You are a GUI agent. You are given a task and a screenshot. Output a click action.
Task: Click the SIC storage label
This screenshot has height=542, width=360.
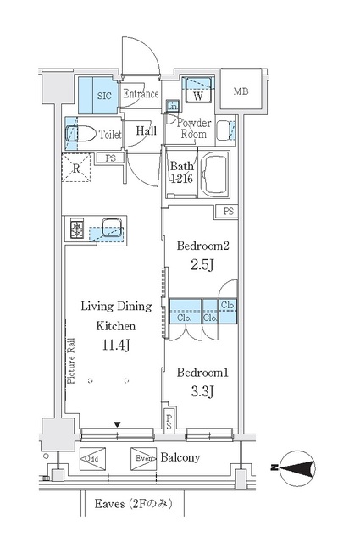104,96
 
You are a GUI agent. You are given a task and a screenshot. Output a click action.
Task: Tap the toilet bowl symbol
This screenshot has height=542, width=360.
81,134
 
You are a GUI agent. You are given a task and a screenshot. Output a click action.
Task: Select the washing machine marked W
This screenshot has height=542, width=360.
198,91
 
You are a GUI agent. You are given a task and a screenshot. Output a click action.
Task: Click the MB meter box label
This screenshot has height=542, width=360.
241,91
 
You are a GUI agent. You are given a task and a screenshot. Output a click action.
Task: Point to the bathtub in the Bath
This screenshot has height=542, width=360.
215,175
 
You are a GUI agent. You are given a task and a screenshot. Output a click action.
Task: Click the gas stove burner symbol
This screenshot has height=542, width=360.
77,229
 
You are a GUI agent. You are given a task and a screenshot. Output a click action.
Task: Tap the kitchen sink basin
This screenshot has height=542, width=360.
111,227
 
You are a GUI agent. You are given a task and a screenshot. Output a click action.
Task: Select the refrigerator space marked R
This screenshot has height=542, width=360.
76,169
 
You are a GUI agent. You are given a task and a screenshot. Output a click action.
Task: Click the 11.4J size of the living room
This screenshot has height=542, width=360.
116,345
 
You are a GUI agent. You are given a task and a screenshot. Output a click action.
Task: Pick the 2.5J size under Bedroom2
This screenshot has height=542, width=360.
202,265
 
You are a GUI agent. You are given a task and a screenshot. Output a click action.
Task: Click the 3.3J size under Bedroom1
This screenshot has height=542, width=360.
202,391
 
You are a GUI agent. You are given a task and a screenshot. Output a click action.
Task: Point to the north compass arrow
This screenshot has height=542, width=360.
297,468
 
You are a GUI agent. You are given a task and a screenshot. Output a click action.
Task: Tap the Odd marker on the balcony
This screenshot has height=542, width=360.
92,459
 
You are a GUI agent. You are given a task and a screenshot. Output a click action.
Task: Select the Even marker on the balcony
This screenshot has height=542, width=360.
143,459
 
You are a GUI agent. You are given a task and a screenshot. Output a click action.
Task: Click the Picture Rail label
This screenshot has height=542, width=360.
71,361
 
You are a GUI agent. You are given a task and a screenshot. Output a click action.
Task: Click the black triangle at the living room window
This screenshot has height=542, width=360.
118,424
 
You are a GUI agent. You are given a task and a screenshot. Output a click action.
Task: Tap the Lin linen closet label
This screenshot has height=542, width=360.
172,107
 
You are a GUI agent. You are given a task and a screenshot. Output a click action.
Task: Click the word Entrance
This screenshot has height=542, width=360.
141,94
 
